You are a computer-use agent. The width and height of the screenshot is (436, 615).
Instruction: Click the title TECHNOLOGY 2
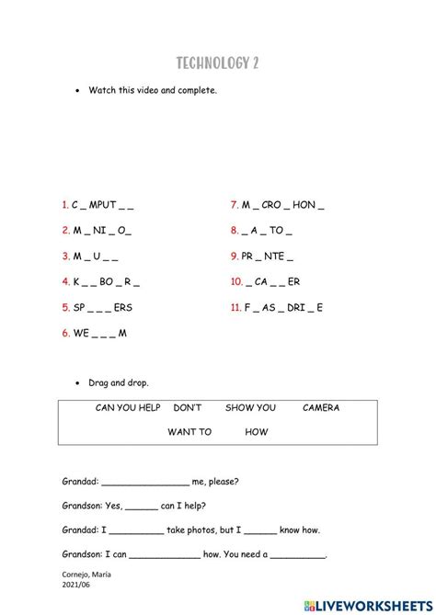pos(218,63)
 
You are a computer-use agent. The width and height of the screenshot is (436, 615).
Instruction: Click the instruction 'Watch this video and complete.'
pos(153,91)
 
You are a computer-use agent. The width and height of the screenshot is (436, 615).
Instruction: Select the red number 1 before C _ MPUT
pos(65,205)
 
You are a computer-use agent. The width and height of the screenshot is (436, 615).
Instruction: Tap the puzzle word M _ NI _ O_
pos(102,231)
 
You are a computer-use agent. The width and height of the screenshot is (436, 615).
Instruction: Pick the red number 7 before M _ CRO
pos(235,205)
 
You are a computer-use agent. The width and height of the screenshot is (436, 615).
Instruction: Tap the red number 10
pos(236,282)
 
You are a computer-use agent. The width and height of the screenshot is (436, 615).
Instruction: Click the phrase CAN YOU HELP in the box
pos(128,408)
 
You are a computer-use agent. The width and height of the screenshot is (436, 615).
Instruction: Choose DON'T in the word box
pos(187,408)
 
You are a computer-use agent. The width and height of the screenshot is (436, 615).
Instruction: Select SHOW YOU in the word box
pos(251,408)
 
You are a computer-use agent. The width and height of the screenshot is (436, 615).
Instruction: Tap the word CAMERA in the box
pos(321,408)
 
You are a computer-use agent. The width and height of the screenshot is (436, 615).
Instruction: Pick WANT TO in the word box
pos(189,431)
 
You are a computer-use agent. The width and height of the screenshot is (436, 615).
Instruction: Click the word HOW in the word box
pos(258,431)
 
